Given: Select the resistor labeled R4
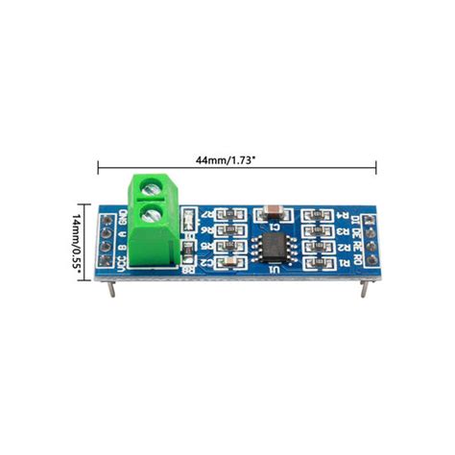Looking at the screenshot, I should click(313, 215).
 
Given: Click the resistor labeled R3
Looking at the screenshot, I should click(313, 230).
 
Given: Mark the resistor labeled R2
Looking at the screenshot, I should click(313, 246).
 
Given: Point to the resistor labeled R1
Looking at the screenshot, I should click(313, 261).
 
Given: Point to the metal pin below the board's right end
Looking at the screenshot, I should click(363, 287).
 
